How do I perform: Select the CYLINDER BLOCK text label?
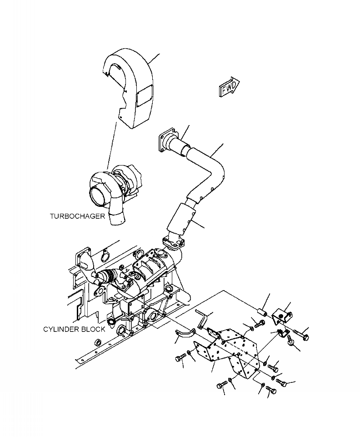pos(74,329)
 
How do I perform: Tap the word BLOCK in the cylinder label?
pos(93,329)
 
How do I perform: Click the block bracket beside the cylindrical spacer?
pos(281,315)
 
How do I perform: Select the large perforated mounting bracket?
pos(232,352)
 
